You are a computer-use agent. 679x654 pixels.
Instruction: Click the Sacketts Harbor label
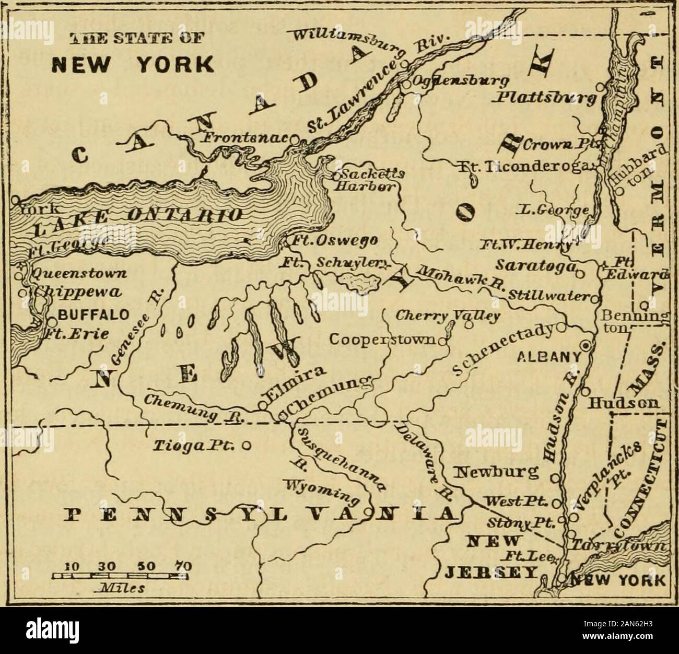tap(367, 180)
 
